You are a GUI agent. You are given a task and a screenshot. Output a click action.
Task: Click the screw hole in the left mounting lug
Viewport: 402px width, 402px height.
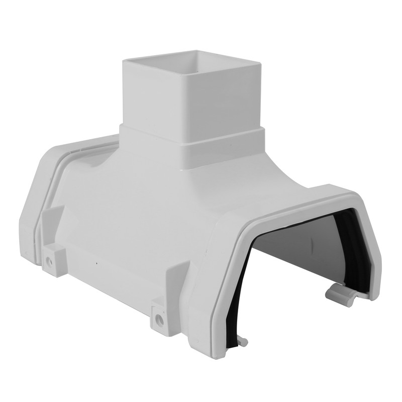click(x=48, y=261)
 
